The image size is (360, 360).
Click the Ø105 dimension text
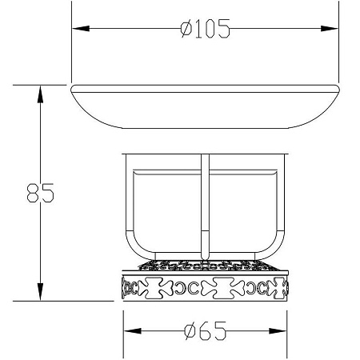205,28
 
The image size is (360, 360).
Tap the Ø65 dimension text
206,331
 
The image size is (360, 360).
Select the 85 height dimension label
41,193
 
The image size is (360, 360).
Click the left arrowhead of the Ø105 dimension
81,29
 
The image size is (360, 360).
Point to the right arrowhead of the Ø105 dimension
330,29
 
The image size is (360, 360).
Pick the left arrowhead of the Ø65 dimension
133,331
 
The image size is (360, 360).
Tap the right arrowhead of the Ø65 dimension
278,331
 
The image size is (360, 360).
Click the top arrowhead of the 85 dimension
40,94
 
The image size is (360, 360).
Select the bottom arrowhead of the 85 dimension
40,292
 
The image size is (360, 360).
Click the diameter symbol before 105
186,29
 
